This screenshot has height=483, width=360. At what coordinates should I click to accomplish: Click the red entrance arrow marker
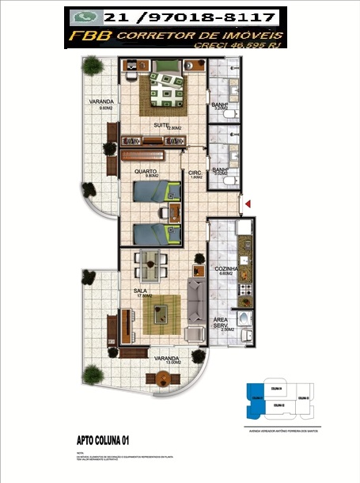coord(248,205)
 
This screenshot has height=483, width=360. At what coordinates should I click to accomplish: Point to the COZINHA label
coord(227,269)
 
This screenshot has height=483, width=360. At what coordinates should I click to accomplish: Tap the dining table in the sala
coord(150,264)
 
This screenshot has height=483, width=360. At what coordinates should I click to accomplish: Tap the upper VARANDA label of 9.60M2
coord(100,104)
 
